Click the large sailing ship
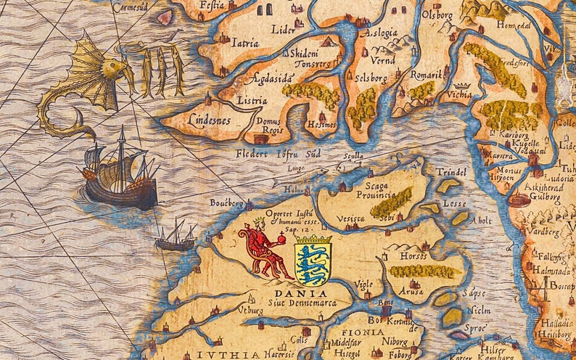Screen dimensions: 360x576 pos(120,173)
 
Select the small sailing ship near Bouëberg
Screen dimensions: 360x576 pos(176,236)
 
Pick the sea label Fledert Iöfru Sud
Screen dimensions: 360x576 pos(277,154)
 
